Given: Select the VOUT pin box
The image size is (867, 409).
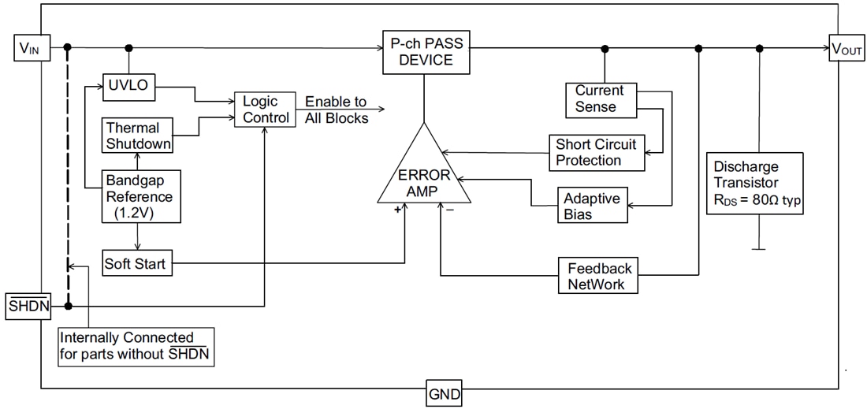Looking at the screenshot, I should (x=847, y=49).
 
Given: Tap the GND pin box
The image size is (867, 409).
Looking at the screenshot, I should (x=444, y=393).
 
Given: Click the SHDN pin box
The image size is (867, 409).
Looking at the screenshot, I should (x=28, y=306).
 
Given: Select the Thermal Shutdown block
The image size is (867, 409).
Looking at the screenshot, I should (x=138, y=136).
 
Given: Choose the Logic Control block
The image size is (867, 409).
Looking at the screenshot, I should (x=261, y=110).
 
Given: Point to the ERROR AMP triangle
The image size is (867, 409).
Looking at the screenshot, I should (x=424, y=177).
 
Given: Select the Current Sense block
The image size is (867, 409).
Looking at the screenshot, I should (x=599, y=99).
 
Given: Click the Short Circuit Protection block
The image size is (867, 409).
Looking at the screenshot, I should (x=596, y=152).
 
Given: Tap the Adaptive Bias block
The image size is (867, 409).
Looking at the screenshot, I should (x=592, y=206).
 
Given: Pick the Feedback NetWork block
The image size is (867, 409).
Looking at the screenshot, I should (x=599, y=276).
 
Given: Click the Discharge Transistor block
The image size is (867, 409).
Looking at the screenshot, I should (x=755, y=184).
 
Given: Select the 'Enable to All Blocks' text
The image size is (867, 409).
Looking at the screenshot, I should (x=336, y=110).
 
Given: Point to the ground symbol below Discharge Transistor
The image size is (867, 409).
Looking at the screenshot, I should (x=759, y=250).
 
